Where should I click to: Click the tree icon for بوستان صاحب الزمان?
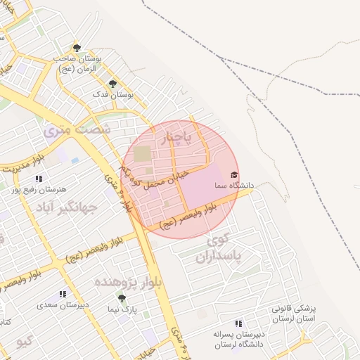point(77,49)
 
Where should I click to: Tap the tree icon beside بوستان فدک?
point(112,84)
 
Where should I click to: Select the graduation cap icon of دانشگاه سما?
point(234,175)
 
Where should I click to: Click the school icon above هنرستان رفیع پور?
point(38,179)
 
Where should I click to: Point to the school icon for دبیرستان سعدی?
point(63,294)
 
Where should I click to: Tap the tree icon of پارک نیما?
point(122,298)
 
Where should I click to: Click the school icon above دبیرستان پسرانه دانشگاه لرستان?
point(239,323)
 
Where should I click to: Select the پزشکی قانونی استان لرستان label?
point(295,314)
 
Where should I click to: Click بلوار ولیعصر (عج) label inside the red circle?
point(187,216)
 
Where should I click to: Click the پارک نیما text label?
point(122,309)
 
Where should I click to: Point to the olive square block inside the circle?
point(143,153)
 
